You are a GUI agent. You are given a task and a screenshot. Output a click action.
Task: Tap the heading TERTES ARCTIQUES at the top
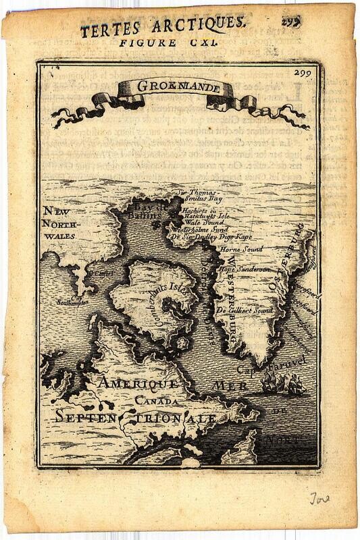click(162, 26)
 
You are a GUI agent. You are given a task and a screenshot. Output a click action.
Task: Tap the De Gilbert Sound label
click(245, 310)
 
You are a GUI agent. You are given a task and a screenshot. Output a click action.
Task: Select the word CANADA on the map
click(157, 401)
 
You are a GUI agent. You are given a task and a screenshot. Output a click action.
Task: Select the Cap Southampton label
click(73, 300)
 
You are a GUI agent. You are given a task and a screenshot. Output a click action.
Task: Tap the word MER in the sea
click(230, 385)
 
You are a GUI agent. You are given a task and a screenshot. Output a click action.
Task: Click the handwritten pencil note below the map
click(319, 499)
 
